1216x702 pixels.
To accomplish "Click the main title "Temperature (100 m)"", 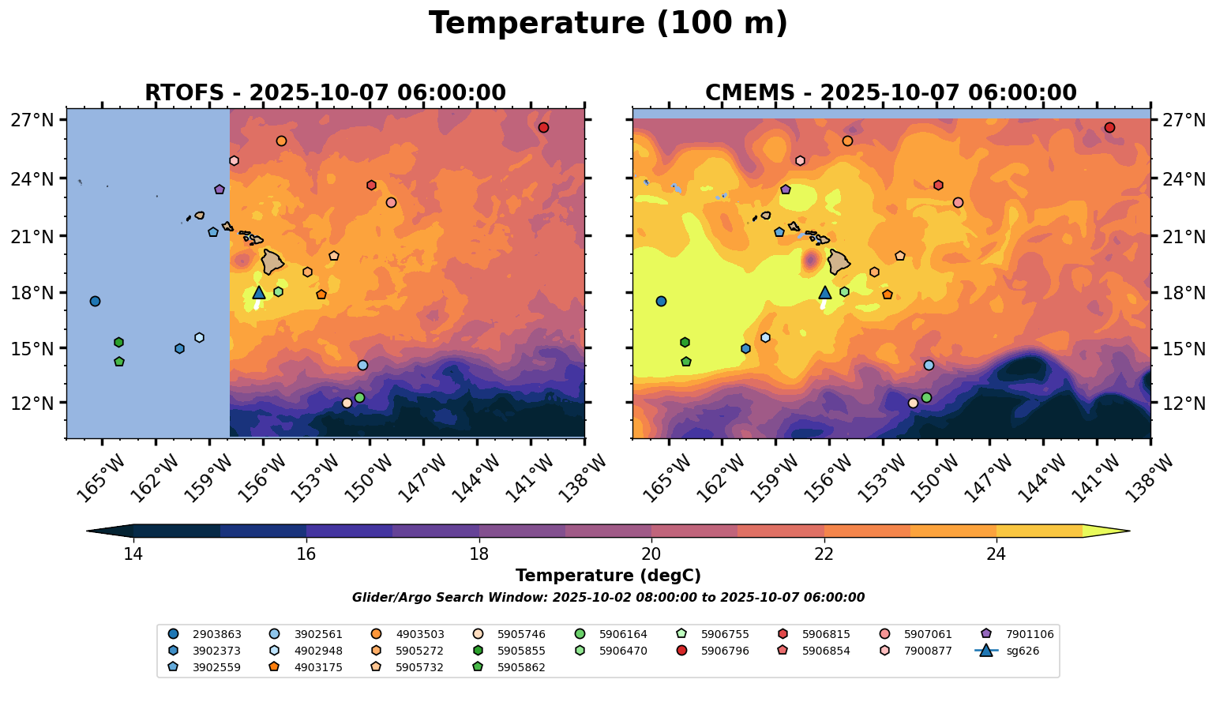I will pyautogui.click(x=608, y=24).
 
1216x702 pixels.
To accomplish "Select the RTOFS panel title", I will pyautogui.click(x=325, y=93).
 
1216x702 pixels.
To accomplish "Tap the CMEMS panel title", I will pyautogui.click(x=891, y=93).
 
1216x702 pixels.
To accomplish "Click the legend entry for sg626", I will pyautogui.click(x=1008, y=651).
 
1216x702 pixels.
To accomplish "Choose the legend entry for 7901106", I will pyautogui.click(x=1018, y=634).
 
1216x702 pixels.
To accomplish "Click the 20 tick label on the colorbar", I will pyautogui.click(x=651, y=554).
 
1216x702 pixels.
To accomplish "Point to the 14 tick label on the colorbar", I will pyautogui.click(x=133, y=554).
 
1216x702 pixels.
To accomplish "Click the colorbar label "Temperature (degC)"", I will pyautogui.click(x=608, y=576).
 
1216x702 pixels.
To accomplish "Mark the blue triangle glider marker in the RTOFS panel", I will pyautogui.click(x=259, y=292).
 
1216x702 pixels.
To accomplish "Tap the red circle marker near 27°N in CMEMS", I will pyautogui.click(x=1109, y=128).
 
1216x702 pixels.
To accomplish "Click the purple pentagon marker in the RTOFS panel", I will pyautogui.click(x=220, y=190).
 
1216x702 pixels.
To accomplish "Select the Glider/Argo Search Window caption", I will pyautogui.click(x=608, y=598).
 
